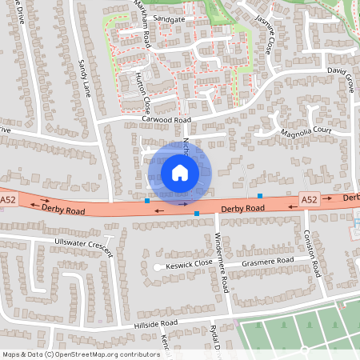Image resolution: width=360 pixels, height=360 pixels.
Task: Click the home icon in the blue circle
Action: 179,172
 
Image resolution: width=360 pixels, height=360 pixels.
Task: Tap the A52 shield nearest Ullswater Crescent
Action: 8,199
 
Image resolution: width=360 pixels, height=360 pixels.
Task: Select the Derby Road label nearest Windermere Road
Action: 243,208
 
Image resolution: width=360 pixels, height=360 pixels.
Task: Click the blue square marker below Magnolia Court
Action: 260,195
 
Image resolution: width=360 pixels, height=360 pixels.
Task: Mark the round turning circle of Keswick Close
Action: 157,266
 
